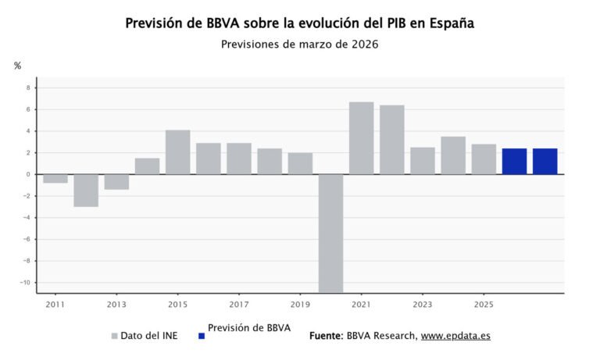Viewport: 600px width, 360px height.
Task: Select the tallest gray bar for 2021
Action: tap(361, 138)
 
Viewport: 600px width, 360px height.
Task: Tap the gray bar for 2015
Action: tap(177, 152)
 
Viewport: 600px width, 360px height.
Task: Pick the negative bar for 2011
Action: tap(55, 179)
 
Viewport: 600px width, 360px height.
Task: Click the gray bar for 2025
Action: tap(484, 159)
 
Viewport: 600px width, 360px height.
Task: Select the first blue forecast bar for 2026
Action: tap(514, 162)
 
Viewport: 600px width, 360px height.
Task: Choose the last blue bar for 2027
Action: tap(545, 162)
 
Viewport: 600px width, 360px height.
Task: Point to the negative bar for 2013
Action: tap(116, 182)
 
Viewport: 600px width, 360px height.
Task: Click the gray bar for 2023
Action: tap(422, 161)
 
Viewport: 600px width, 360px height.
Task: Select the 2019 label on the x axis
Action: tap(300, 305)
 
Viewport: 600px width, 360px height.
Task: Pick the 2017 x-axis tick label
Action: tap(239, 305)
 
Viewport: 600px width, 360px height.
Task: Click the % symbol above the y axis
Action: tap(17, 66)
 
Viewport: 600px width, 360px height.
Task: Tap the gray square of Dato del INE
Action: tap(114, 337)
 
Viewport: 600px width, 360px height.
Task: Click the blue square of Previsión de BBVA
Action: tap(202, 337)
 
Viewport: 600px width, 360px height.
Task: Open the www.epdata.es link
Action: tap(455, 336)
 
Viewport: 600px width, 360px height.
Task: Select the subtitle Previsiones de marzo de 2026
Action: tap(299, 45)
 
